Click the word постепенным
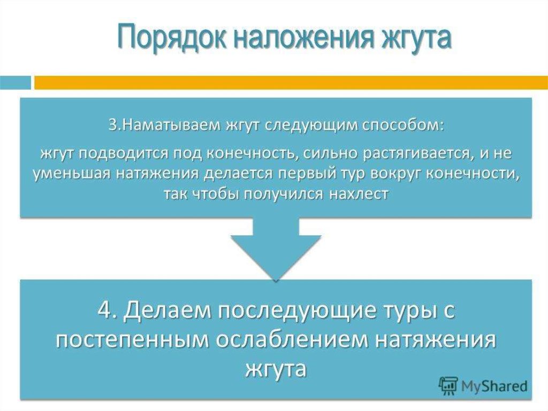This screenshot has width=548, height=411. coord(141,341)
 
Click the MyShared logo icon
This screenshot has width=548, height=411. coord(448,385)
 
